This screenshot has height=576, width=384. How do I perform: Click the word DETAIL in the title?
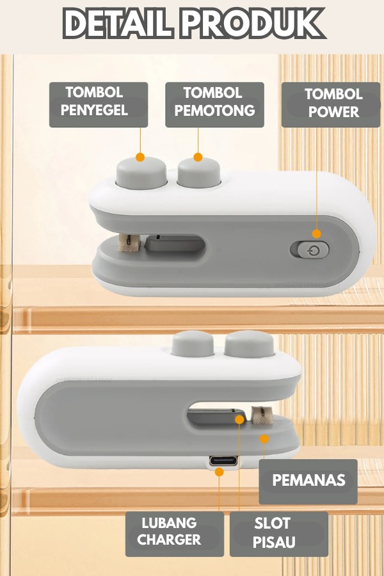117,23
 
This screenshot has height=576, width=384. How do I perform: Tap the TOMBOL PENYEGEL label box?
99,105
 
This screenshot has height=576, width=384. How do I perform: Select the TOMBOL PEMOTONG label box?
214,105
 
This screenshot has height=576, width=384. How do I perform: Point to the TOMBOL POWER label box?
331,105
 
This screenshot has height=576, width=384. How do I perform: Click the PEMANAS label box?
308,481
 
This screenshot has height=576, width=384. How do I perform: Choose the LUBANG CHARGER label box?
175,534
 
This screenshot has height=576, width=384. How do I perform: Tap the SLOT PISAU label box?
279,534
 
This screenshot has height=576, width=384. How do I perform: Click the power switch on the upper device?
309,250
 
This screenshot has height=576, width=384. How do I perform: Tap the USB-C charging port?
223,461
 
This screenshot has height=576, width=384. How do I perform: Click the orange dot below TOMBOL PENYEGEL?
140,157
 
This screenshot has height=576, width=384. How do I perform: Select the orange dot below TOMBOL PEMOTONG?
198,157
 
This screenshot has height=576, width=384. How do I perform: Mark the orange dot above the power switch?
317,234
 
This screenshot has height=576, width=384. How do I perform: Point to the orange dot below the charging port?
220,472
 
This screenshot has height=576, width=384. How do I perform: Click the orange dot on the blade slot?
239,419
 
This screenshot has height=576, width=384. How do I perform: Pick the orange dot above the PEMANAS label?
264,438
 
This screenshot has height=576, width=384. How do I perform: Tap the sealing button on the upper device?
141,173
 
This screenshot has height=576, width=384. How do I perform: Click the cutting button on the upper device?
199,173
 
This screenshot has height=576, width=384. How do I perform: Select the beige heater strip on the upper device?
129,243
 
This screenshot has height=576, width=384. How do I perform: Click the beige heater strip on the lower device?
262,415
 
